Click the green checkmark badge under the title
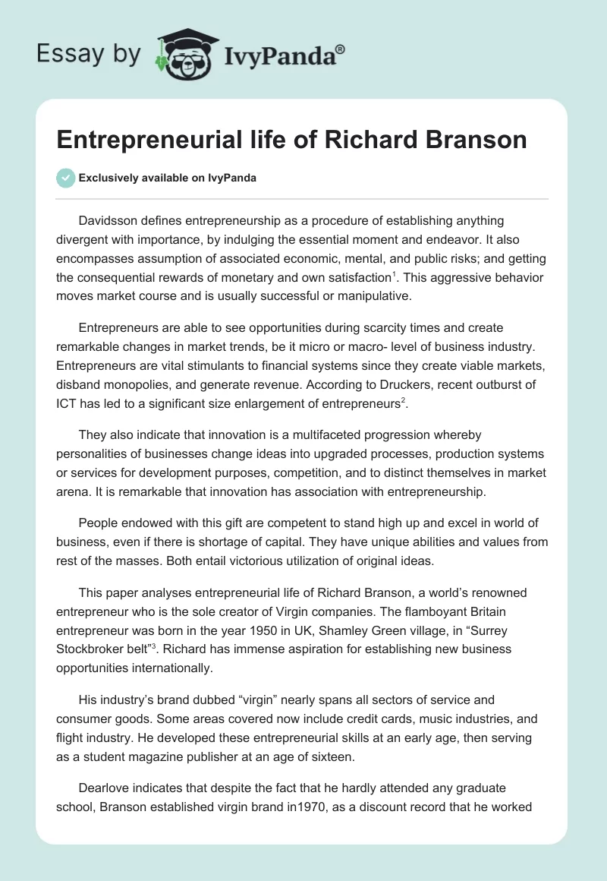(x=65, y=178)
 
